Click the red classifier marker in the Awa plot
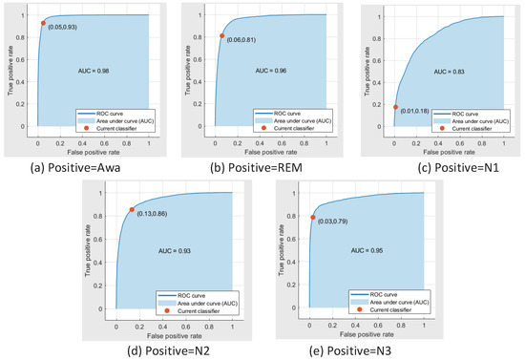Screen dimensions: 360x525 click(43, 23)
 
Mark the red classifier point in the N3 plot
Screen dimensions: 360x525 click(312, 218)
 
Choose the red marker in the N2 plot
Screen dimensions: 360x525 click(132, 210)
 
